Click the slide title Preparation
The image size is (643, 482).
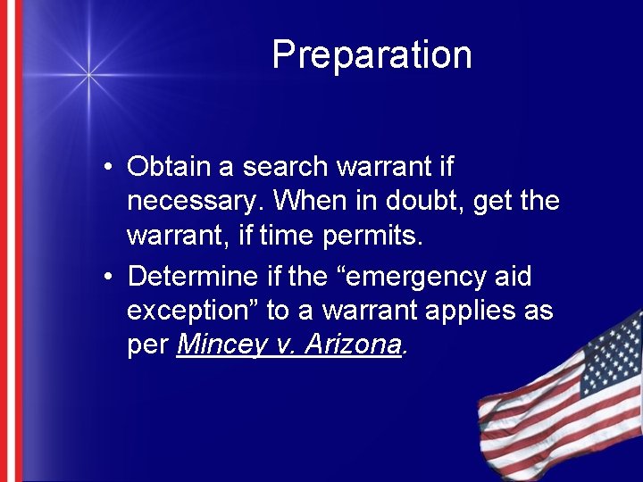pos(372,55)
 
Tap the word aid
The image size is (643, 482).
pos(513,277)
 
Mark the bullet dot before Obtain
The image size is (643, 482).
pos(106,168)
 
